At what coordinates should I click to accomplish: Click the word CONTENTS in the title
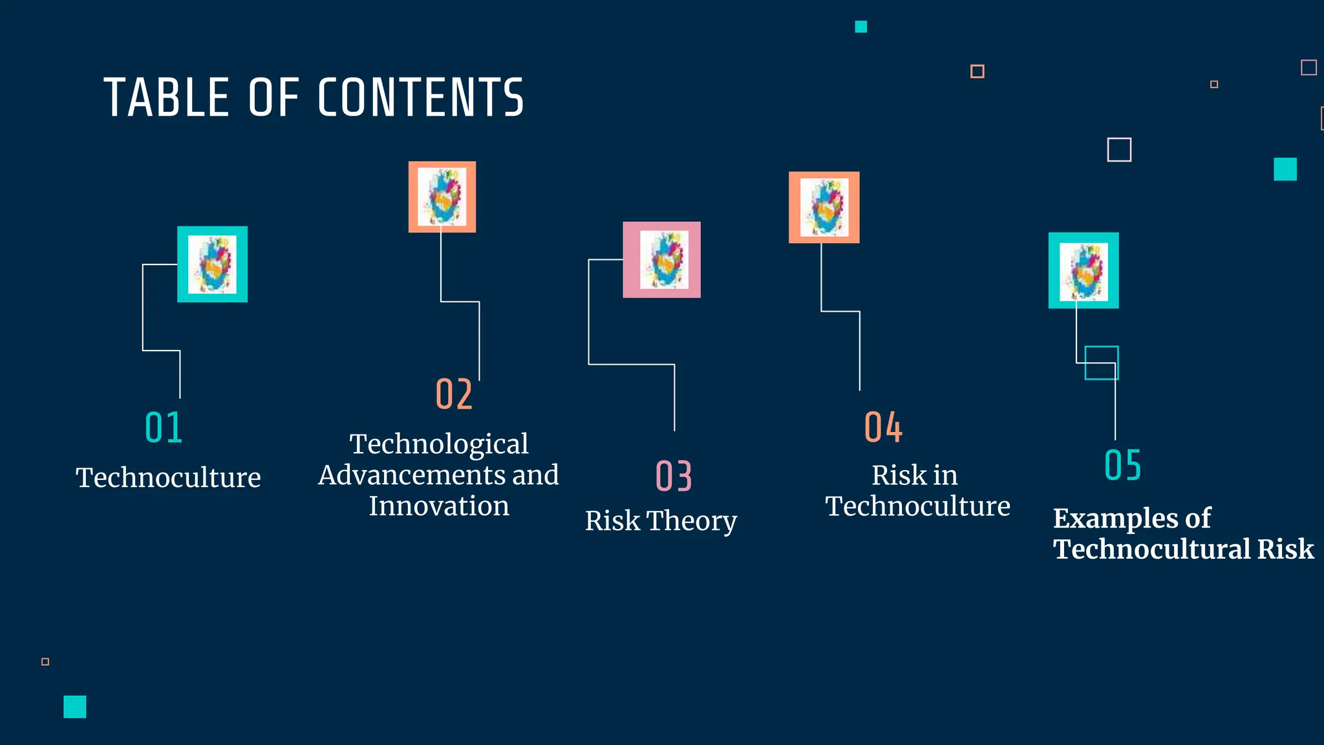[420, 98]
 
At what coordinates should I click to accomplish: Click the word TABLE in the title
[166, 98]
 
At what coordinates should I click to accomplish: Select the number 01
[164, 427]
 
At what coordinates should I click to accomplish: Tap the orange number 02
[454, 394]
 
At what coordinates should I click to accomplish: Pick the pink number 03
[674, 477]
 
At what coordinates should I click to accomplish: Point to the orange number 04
[883, 427]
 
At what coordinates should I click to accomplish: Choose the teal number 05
[1123, 465]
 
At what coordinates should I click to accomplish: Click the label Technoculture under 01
[168, 478]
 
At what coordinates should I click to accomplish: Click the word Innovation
[439, 506]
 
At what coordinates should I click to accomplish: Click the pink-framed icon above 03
[661, 260]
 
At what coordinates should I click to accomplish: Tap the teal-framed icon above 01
[213, 264]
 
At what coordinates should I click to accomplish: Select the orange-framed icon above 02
[442, 197]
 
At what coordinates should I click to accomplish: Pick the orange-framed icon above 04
[824, 207]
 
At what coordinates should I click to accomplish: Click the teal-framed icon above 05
[1084, 270]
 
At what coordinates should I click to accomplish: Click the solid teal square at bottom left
[75, 707]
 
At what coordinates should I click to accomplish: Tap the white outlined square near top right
[1119, 150]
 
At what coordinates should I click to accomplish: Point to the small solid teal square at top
[861, 27]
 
